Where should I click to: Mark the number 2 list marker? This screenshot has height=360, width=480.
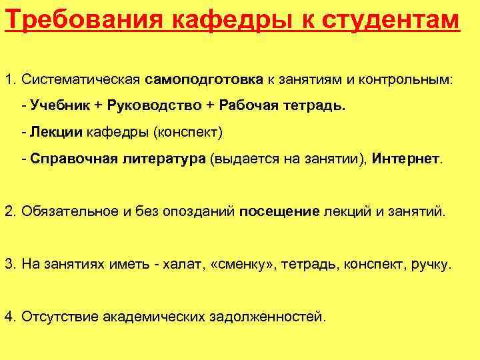(9, 211)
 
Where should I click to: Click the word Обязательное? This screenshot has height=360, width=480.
(69, 211)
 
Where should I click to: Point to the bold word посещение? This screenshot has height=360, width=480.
(279, 211)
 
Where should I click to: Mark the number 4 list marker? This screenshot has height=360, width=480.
(9, 316)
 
